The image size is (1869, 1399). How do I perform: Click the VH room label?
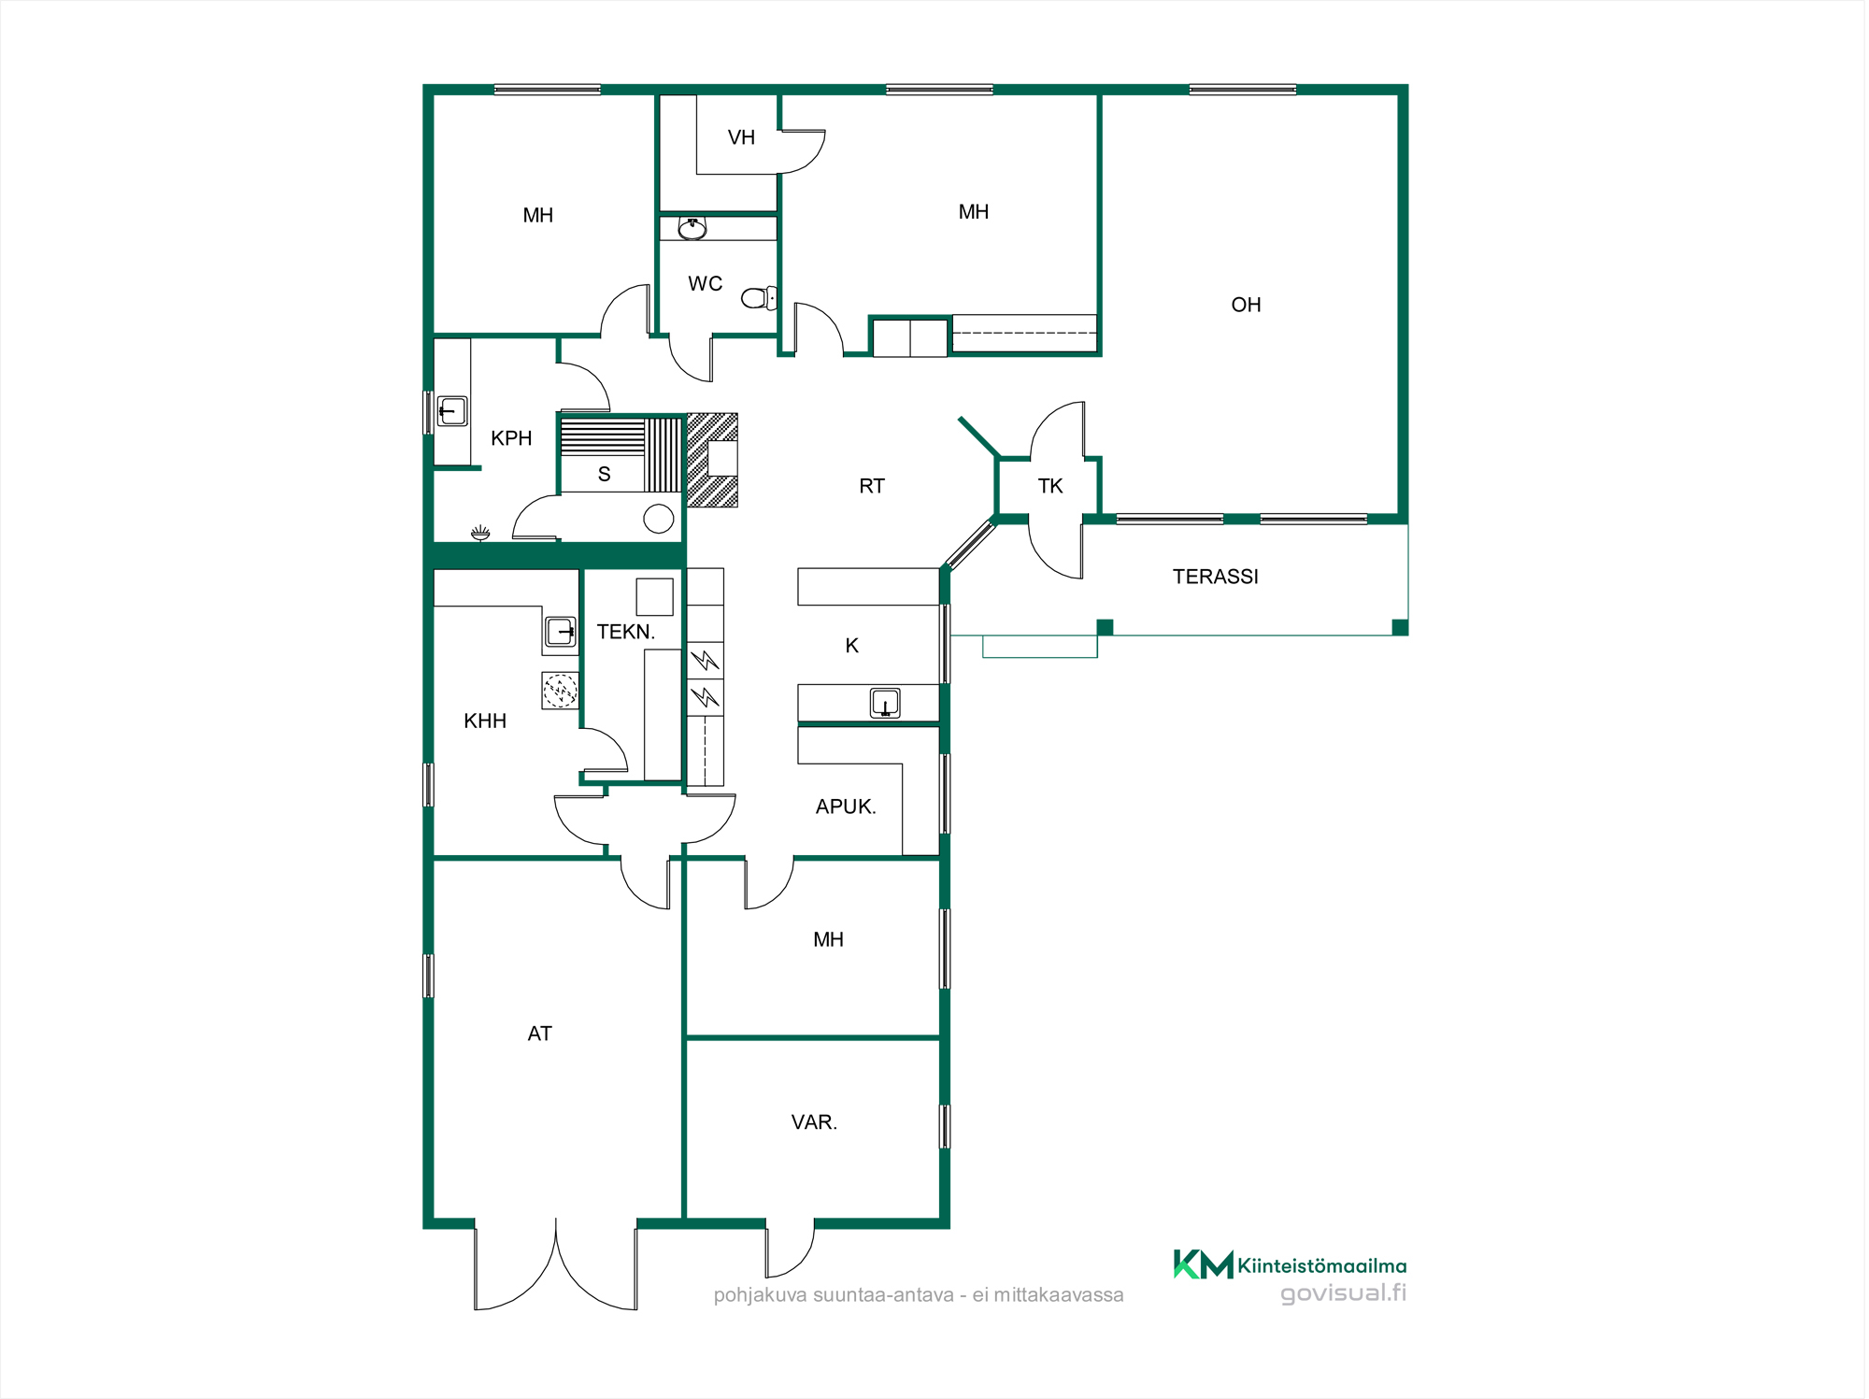[741, 137]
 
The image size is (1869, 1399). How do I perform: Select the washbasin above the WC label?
[692, 228]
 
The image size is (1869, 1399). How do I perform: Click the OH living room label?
[1246, 305]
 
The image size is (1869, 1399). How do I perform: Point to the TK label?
[1050, 486]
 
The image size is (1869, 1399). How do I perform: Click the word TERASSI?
[1215, 577]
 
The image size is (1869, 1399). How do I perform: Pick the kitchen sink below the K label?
[885, 703]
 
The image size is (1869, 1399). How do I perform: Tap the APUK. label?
[846, 807]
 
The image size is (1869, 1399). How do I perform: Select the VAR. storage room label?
[814, 1122]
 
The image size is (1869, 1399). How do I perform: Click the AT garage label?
[539, 1034]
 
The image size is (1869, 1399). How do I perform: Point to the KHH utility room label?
[485, 721]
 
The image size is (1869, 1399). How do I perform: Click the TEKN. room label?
[626, 632]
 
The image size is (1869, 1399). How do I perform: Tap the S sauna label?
[604, 475]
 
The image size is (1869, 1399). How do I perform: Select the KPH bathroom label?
[511, 438]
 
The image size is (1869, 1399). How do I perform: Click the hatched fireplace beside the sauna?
[712, 460]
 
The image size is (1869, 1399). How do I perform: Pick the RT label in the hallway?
[871, 486]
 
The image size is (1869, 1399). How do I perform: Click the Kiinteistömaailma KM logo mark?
[1204, 1264]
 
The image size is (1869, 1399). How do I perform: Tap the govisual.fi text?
[1343, 1293]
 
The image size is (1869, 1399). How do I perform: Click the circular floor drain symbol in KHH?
[560, 691]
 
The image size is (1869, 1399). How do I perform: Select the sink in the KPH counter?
[452, 411]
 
